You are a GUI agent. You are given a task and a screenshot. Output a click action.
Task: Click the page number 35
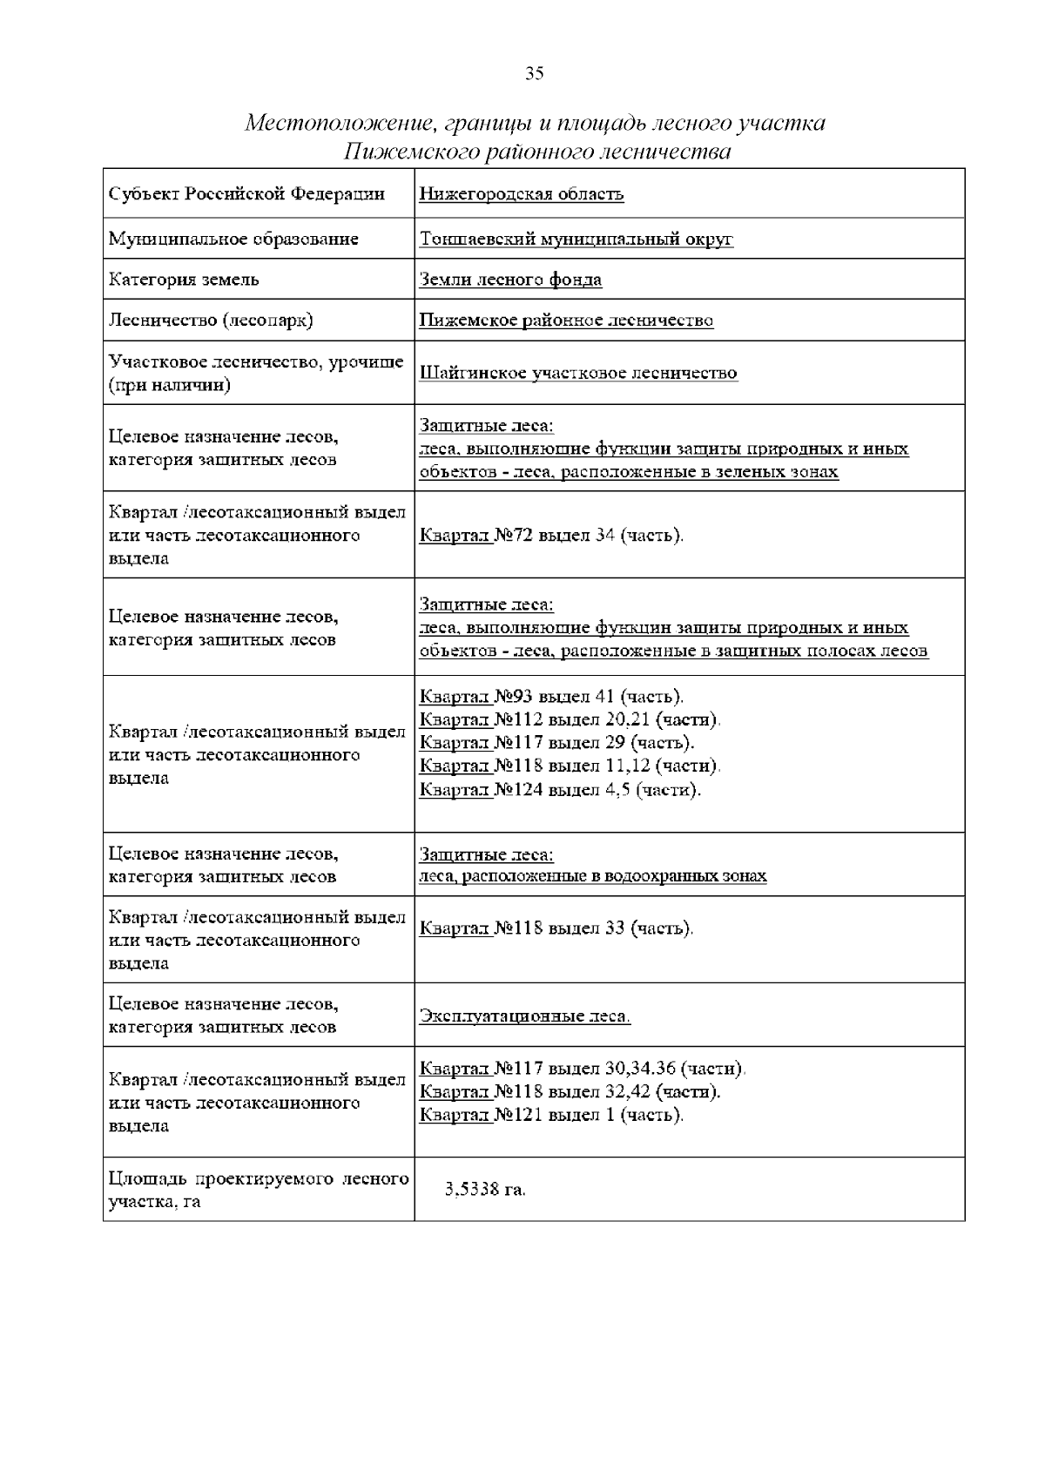[x=534, y=73]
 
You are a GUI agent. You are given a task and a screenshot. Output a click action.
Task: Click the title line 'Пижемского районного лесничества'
[x=536, y=152]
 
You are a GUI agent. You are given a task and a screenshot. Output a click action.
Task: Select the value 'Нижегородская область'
[x=521, y=194]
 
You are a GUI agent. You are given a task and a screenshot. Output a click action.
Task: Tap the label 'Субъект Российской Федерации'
[x=246, y=193]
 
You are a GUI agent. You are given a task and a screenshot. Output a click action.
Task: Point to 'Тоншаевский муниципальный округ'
[x=576, y=239]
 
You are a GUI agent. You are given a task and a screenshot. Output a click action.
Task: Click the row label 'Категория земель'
[x=184, y=280]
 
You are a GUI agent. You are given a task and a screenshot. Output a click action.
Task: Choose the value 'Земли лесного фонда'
[x=510, y=280]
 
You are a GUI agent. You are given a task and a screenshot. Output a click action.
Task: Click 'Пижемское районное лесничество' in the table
[x=566, y=321]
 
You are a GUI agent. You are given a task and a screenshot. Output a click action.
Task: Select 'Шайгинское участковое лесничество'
[x=578, y=373]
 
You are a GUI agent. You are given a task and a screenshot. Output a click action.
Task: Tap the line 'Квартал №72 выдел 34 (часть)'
[x=551, y=535]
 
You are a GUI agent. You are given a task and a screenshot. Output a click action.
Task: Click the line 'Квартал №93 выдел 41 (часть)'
[x=551, y=697]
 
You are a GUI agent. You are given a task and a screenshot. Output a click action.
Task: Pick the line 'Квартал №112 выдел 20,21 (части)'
[x=570, y=719]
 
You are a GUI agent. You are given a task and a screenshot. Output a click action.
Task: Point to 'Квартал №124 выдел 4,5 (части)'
[x=560, y=790]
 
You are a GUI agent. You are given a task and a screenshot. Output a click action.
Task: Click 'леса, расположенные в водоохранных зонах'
[x=592, y=876]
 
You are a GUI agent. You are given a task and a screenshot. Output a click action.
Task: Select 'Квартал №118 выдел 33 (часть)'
[x=556, y=928]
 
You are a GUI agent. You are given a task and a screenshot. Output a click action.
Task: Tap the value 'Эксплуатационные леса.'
[x=524, y=1016]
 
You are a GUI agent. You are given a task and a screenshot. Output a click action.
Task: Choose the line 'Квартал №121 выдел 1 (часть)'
[x=551, y=1115]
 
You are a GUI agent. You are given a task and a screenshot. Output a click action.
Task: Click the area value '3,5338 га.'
[x=484, y=1190]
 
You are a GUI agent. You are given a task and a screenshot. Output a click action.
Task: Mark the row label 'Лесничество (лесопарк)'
[x=210, y=321]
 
